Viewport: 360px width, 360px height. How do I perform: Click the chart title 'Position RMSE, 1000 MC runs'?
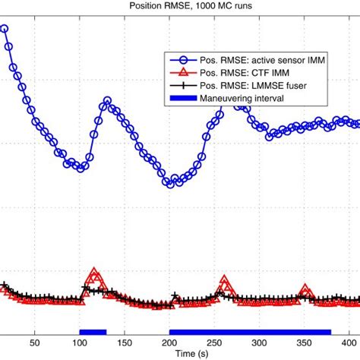180,6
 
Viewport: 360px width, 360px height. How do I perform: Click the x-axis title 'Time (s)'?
180,354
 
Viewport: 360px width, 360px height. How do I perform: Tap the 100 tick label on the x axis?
80,343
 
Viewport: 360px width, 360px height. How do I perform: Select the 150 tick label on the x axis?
125,343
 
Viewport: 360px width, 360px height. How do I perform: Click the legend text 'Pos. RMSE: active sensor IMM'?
256,59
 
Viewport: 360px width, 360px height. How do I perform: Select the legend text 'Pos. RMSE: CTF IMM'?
238,72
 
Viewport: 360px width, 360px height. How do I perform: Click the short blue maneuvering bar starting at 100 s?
93,331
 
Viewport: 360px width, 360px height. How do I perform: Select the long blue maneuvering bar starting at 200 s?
250,331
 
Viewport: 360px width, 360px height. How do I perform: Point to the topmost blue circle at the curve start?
4,30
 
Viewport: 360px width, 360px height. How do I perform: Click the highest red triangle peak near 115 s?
93,273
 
